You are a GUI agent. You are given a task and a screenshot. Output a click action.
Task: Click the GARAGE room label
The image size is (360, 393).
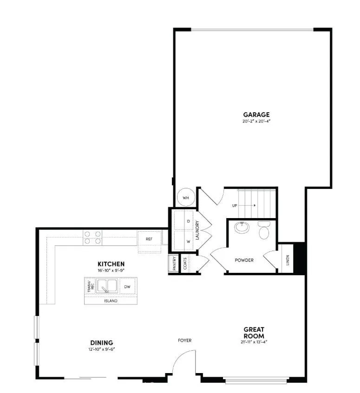click(256, 115)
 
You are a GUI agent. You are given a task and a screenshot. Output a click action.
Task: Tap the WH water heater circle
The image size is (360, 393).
click(186, 198)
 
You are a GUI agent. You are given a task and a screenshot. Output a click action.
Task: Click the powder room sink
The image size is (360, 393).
click(242, 228)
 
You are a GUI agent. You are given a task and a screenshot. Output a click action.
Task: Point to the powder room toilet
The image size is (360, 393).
click(264, 230)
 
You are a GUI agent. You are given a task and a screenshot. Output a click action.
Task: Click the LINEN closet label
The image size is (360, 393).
click(288, 263)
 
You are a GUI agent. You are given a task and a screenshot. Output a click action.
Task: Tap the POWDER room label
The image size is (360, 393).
click(244, 260)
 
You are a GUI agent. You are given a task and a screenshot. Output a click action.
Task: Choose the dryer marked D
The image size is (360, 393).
click(188, 221)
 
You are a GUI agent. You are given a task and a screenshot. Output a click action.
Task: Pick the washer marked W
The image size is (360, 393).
click(188, 242)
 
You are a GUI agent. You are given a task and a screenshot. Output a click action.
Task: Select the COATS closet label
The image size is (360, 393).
click(185, 264)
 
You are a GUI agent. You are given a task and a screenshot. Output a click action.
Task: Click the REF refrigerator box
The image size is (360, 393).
click(149, 239)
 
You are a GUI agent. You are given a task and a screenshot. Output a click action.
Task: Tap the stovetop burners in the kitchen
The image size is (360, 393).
click(92, 238)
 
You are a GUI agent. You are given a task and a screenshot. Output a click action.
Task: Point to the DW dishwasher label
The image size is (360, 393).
click(127, 287)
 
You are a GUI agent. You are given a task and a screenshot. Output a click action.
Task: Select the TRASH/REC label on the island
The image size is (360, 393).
click(90, 286)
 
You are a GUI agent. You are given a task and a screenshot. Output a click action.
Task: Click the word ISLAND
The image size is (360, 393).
click(111, 301)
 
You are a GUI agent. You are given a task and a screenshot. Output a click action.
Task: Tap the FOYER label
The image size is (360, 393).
click(184, 340)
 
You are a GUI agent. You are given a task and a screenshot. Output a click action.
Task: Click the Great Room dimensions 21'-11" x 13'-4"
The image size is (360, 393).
click(254, 342)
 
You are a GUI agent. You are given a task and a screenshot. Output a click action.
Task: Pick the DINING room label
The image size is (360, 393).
click(102, 343)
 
